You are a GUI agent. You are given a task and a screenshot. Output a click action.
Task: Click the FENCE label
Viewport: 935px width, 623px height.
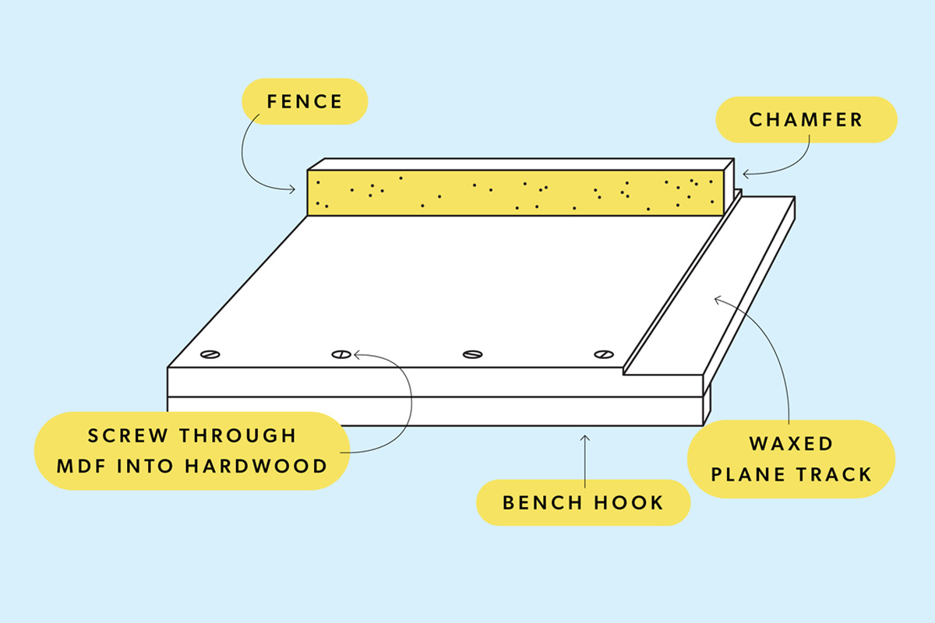(x=305, y=101)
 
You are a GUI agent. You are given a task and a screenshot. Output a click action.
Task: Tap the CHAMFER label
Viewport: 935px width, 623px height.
(x=806, y=120)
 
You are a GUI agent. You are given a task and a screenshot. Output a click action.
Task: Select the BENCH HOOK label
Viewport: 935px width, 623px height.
(x=583, y=502)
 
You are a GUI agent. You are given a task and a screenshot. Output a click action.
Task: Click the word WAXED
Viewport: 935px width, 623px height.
(x=791, y=444)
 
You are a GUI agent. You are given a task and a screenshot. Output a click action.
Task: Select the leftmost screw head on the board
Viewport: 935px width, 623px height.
(x=210, y=354)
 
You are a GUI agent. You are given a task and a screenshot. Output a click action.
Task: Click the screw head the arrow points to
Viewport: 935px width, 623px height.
(x=340, y=354)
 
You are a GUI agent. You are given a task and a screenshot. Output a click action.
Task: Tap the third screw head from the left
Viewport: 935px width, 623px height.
(x=472, y=354)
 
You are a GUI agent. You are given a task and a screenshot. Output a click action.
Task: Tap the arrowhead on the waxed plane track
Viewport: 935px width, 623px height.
(x=716, y=297)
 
